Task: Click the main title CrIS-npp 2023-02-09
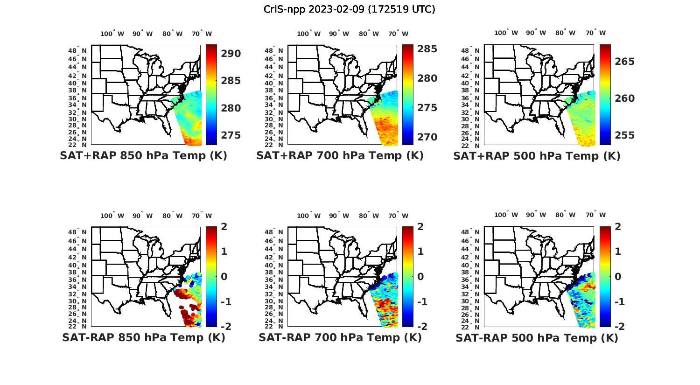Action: (x=349, y=9)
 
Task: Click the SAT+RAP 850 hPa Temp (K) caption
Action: (x=143, y=156)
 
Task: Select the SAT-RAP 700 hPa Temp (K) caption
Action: (x=340, y=338)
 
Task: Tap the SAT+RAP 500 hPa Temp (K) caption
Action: (x=537, y=156)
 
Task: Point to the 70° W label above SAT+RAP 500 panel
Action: (x=595, y=33)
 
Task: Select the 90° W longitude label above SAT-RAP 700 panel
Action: (x=339, y=216)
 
